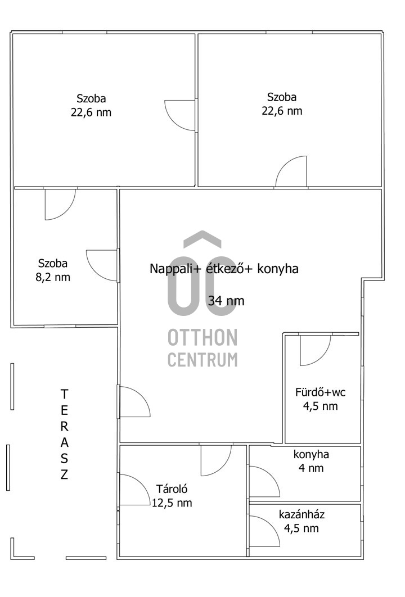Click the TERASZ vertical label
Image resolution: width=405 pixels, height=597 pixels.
tap(64, 434)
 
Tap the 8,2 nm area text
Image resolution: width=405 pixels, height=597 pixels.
tap(53, 277)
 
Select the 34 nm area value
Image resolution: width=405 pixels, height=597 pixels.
tap(226, 301)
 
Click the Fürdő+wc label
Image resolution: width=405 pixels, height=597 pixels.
tap(321, 392)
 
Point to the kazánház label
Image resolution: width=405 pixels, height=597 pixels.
tap(301, 515)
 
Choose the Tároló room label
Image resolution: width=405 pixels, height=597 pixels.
tap(172, 489)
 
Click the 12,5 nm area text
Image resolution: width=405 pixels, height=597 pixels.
tap(172, 503)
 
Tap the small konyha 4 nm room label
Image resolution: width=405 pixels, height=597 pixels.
tap(311, 461)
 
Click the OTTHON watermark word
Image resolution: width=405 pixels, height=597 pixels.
tap(202, 338)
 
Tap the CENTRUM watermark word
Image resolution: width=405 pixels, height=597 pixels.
tap(202, 360)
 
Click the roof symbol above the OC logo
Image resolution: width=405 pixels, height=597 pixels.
tap(202, 238)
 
